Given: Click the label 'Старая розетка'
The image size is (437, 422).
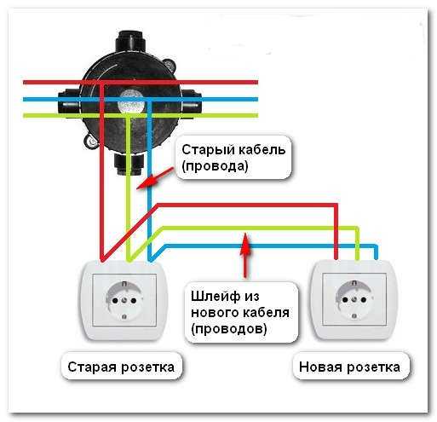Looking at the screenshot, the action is click(121, 367).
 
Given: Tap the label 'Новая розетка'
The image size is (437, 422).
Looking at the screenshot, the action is click(349, 367).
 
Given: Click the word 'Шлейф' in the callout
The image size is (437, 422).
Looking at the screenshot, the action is click(216, 297).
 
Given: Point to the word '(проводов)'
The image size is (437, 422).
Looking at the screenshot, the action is click(229, 329).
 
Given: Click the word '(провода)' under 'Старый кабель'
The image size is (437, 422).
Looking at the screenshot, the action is click(215, 166).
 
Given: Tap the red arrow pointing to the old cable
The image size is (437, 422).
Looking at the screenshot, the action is click(155, 178).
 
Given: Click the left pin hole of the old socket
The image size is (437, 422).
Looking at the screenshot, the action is click(115, 300).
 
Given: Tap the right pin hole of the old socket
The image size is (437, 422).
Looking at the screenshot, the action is click(133, 300).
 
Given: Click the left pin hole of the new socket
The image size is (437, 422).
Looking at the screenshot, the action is click(345, 299).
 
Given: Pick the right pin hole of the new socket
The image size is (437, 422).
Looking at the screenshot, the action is click(363, 299).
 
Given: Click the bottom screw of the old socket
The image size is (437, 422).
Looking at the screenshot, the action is click(124, 317).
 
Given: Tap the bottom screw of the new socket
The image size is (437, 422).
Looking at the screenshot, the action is click(354, 316).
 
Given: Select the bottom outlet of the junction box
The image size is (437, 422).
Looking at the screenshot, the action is click(129, 164).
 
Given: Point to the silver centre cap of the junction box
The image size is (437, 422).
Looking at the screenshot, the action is click(130, 101).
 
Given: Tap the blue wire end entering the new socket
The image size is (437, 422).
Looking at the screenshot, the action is click(376, 257).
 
